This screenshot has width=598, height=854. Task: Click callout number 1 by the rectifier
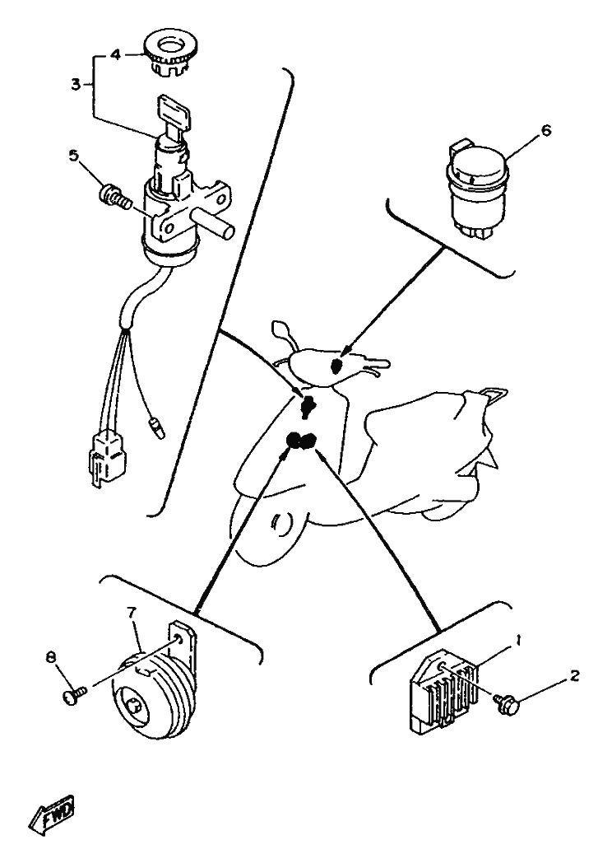coord(518,640)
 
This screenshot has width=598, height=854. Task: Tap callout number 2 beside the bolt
coord(574,675)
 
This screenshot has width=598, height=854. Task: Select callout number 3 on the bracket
coord(76,85)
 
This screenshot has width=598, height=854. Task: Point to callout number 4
coord(115,54)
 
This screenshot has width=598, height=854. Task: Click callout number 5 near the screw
coord(73,155)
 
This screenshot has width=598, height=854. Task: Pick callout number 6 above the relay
coord(545,130)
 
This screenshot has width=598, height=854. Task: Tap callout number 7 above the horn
coord(131,613)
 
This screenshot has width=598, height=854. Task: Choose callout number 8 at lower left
coord(51,657)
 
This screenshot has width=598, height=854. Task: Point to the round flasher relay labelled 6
coord(477,189)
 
